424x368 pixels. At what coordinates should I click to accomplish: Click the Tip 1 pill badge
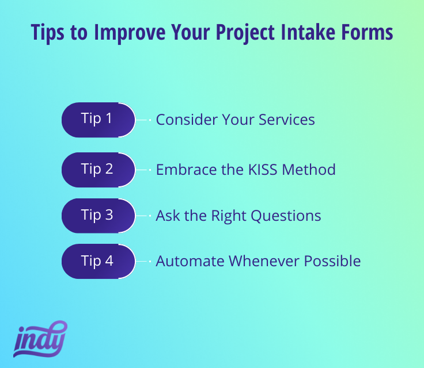pyautogui.click(x=99, y=120)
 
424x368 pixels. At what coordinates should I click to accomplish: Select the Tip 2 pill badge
pyautogui.click(x=99, y=170)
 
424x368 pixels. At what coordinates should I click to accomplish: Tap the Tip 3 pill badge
pyautogui.click(x=99, y=216)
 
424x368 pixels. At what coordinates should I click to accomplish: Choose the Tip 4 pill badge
pyautogui.click(x=99, y=262)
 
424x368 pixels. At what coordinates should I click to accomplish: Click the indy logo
pyautogui.click(x=40, y=339)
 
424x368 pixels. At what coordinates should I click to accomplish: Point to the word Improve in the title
pyautogui.click(x=130, y=33)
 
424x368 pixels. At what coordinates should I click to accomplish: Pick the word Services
pyautogui.click(x=287, y=120)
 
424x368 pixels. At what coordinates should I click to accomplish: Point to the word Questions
pyautogui.click(x=286, y=216)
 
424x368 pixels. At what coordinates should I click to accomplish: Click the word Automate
pyautogui.click(x=190, y=262)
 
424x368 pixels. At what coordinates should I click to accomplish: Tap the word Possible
pyautogui.click(x=332, y=261)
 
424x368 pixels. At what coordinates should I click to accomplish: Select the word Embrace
pyautogui.click(x=187, y=170)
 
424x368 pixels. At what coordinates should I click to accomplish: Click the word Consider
pyautogui.click(x=187, y=120)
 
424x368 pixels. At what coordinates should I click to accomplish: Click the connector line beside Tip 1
pyautogui.click(x=143, y=120)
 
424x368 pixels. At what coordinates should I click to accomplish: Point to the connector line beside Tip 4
pyautogui.click(x=143, y=262)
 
